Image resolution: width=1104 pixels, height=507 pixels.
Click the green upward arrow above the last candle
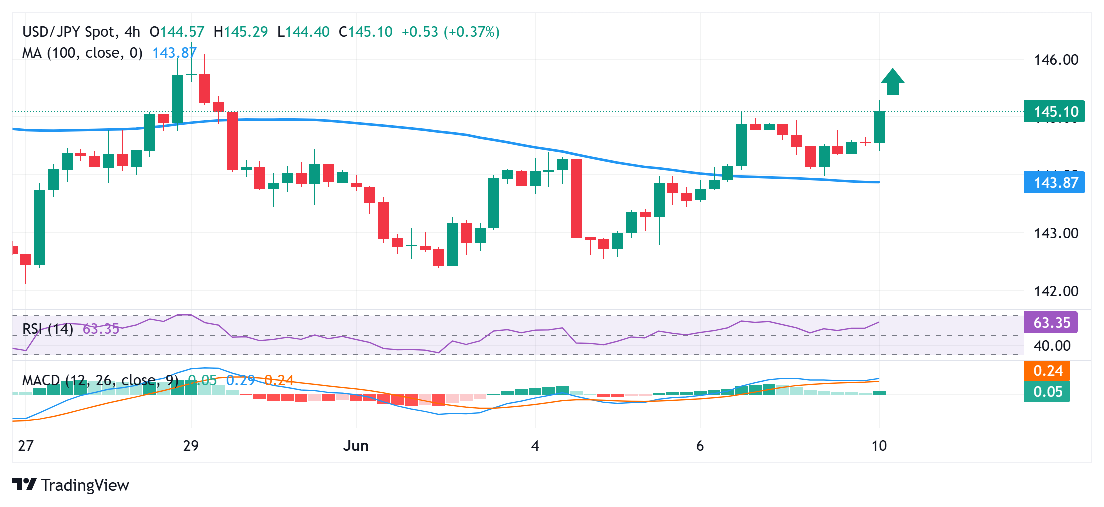click(x=892, y=82)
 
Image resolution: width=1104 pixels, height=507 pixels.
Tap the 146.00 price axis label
click(x=1056, y=60)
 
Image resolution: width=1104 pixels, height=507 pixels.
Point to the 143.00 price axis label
click(x=1056, y=233)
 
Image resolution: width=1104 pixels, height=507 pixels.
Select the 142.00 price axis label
click(x=1056, y=291)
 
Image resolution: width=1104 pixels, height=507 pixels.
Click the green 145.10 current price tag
click(x=1054, y=111)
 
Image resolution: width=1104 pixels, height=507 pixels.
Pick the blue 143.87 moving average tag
click(x=1054, y=182)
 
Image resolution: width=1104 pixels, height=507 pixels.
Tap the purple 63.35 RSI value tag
click(x=1051, y=323)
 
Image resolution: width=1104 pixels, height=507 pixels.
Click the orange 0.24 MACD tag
click(x=1047, y=371)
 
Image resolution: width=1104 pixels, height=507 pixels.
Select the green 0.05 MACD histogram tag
click(x=1047, y=392)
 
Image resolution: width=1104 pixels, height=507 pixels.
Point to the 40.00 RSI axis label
click(x=1052, y=346)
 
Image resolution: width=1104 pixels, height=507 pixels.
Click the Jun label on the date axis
click(x=356, y=446)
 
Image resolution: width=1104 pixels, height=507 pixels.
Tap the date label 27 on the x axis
click(x=26, y=446)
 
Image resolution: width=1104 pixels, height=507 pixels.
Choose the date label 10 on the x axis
click(x=879, y=446)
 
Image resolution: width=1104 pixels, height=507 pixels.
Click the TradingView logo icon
click(x=24, y=484)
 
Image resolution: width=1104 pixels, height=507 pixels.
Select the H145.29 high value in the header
click(x=241, y=32)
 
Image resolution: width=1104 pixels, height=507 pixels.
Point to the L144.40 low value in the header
click(x=303, y=32)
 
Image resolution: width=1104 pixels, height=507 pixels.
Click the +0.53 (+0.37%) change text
click(x=450, y=32)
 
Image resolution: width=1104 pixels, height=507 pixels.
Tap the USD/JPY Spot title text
click(x=69, y=32)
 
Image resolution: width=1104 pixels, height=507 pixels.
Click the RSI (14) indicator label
click(x=48, y=329)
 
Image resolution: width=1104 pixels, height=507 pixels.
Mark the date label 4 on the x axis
click(x=535, y=446)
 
